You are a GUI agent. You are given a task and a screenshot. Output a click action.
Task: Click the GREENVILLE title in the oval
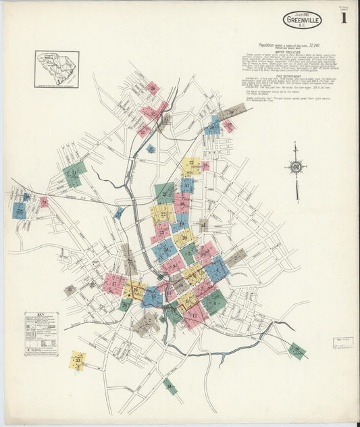point(303,20)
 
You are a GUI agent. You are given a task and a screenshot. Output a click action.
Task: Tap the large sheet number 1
point(344,18)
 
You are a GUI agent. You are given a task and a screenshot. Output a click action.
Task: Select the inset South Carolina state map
point(57,69)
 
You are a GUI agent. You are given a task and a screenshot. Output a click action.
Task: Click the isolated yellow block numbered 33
point(78,359)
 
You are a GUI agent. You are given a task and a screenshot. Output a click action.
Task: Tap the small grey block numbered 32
point(70,290)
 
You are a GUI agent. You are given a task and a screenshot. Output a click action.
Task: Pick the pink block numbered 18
point(182,202)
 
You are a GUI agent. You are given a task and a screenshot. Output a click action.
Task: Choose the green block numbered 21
point(163,193)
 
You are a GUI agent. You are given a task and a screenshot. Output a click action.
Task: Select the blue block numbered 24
point(163,249)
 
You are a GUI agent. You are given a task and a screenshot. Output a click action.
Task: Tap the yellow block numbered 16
point(134,291)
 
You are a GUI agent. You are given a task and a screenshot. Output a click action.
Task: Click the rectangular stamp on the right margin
point(343,343)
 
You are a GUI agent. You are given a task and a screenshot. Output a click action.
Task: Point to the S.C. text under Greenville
point(302,27)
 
